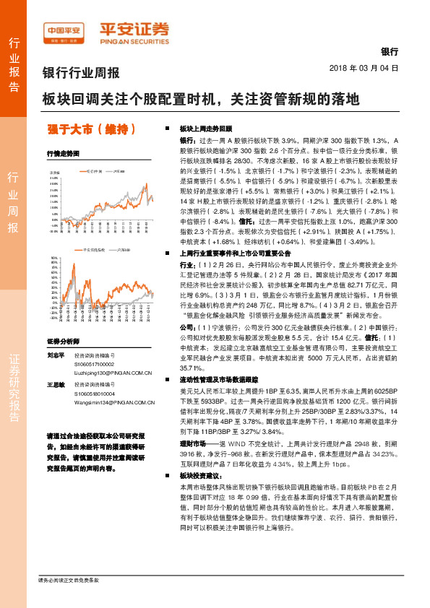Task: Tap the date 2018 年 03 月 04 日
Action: click(x=369, y=67)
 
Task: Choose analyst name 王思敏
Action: click(x=56, y=406)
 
